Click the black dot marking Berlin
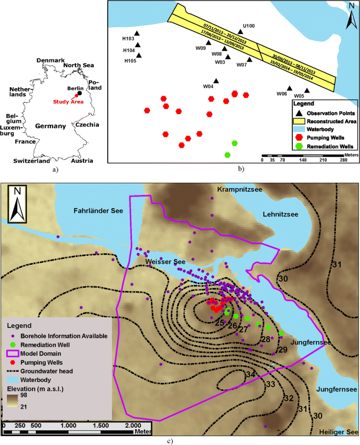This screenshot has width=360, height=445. (79, 94)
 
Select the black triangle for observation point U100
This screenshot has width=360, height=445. (240, 31)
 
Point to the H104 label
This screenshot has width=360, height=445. (129, 50)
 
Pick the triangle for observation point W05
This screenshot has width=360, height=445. (307, 90)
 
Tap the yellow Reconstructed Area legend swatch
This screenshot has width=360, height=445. (299, 121)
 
